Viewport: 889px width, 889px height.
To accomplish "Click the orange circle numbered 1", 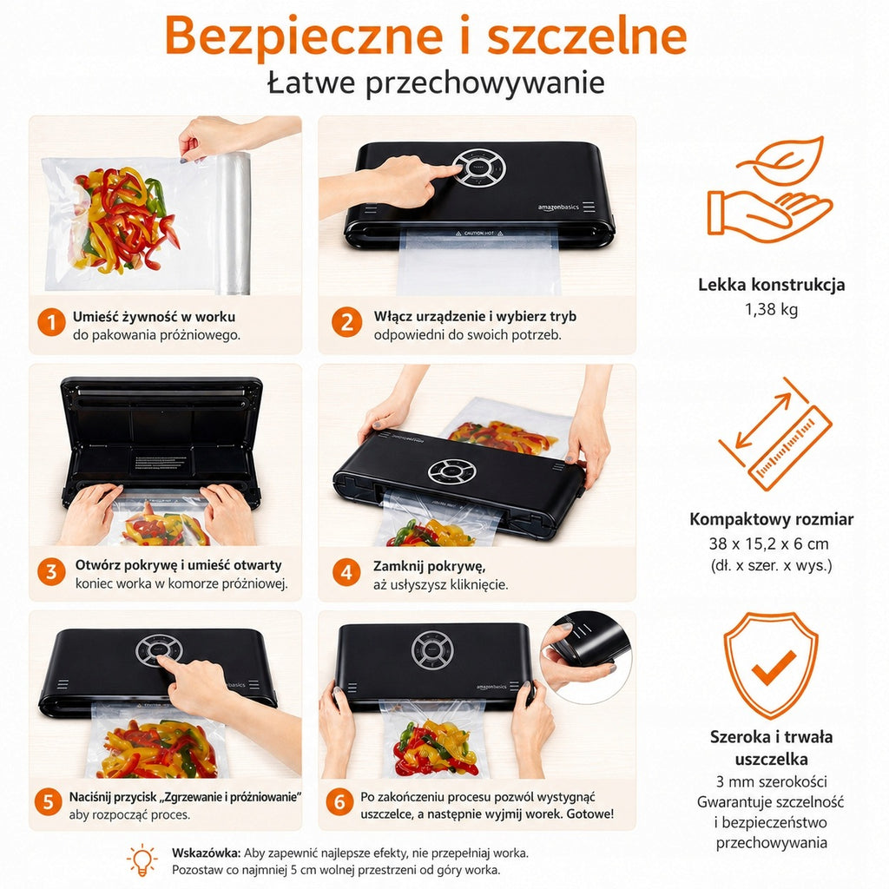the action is click(51, 321).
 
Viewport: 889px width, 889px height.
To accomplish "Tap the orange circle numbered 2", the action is click(346, 321).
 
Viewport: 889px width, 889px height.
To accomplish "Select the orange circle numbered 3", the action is click(51, 571).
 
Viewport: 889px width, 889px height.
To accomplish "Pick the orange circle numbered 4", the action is click(346, 571).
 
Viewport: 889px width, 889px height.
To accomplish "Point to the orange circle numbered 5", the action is click(49, 803).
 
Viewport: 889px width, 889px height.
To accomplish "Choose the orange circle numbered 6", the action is click(339, 802).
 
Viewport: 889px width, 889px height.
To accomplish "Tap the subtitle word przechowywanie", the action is click(484, 82).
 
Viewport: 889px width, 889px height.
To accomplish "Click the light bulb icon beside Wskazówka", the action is click(142, 859).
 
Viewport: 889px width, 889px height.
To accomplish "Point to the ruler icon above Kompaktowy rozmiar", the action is click(774, 434).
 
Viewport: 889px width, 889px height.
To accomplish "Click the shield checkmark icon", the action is click(771, 665).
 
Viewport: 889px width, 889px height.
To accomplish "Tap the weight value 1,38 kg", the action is click(771, 310).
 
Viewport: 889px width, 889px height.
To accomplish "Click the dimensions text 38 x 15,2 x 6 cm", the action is click(769, 543).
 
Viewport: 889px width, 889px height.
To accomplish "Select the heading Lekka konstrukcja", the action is click(771, 284).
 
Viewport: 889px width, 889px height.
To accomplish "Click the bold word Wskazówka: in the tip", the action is click(207, 853).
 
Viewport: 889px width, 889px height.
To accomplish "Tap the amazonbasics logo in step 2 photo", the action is click(558, 207).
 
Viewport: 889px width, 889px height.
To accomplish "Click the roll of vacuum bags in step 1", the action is click(233, 223).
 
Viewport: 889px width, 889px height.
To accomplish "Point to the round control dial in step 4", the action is click(451, 471).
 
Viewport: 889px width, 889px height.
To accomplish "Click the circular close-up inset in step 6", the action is click(586, 658).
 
